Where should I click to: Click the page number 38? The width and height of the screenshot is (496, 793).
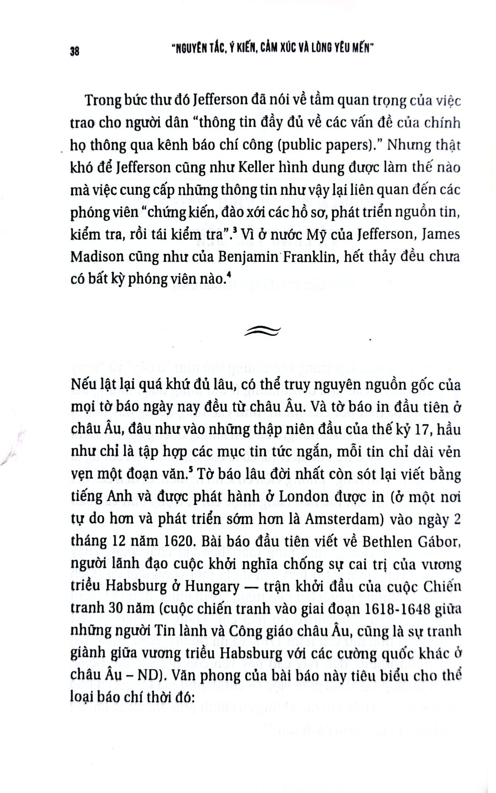pos(75,51)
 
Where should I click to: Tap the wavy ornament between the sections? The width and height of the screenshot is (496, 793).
pos(262,331)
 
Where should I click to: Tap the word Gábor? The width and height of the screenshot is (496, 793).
pos(439,542)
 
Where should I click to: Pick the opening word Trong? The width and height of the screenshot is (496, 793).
pos(103,100)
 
